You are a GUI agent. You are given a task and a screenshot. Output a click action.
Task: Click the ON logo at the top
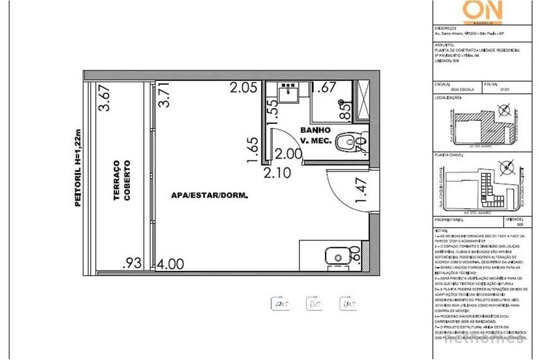pos(482,11)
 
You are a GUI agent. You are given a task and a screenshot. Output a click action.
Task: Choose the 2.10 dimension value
pos(278,172)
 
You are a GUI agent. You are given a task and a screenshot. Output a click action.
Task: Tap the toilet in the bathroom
pos(346,143)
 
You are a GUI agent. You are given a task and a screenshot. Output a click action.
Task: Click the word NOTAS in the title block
pos(441,230)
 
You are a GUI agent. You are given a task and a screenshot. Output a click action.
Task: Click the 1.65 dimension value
pos(252,151)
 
